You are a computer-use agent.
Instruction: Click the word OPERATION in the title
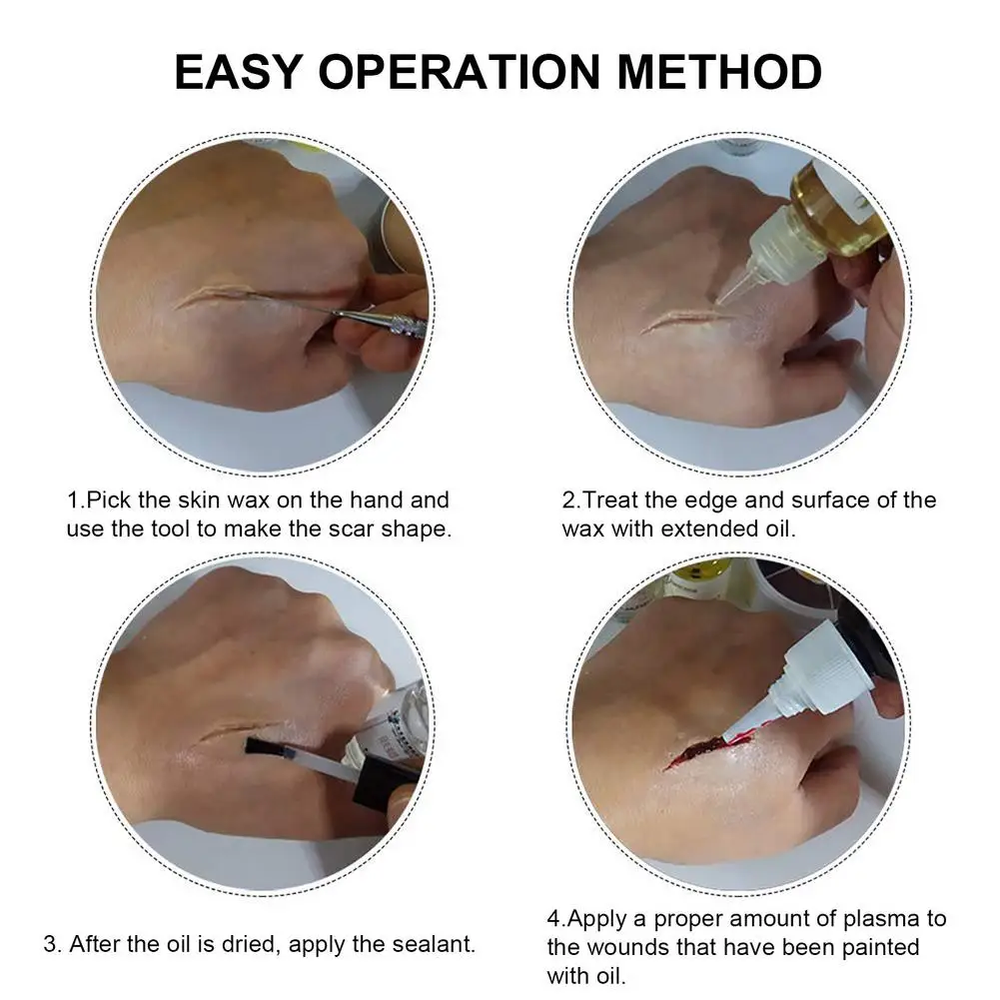pos(460,71)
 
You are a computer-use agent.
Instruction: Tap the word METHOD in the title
pos(719,71)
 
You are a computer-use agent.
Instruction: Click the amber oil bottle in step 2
pos(835,209)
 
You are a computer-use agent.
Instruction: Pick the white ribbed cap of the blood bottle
pos(811,670)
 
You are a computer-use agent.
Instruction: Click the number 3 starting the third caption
pos(51,944)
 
